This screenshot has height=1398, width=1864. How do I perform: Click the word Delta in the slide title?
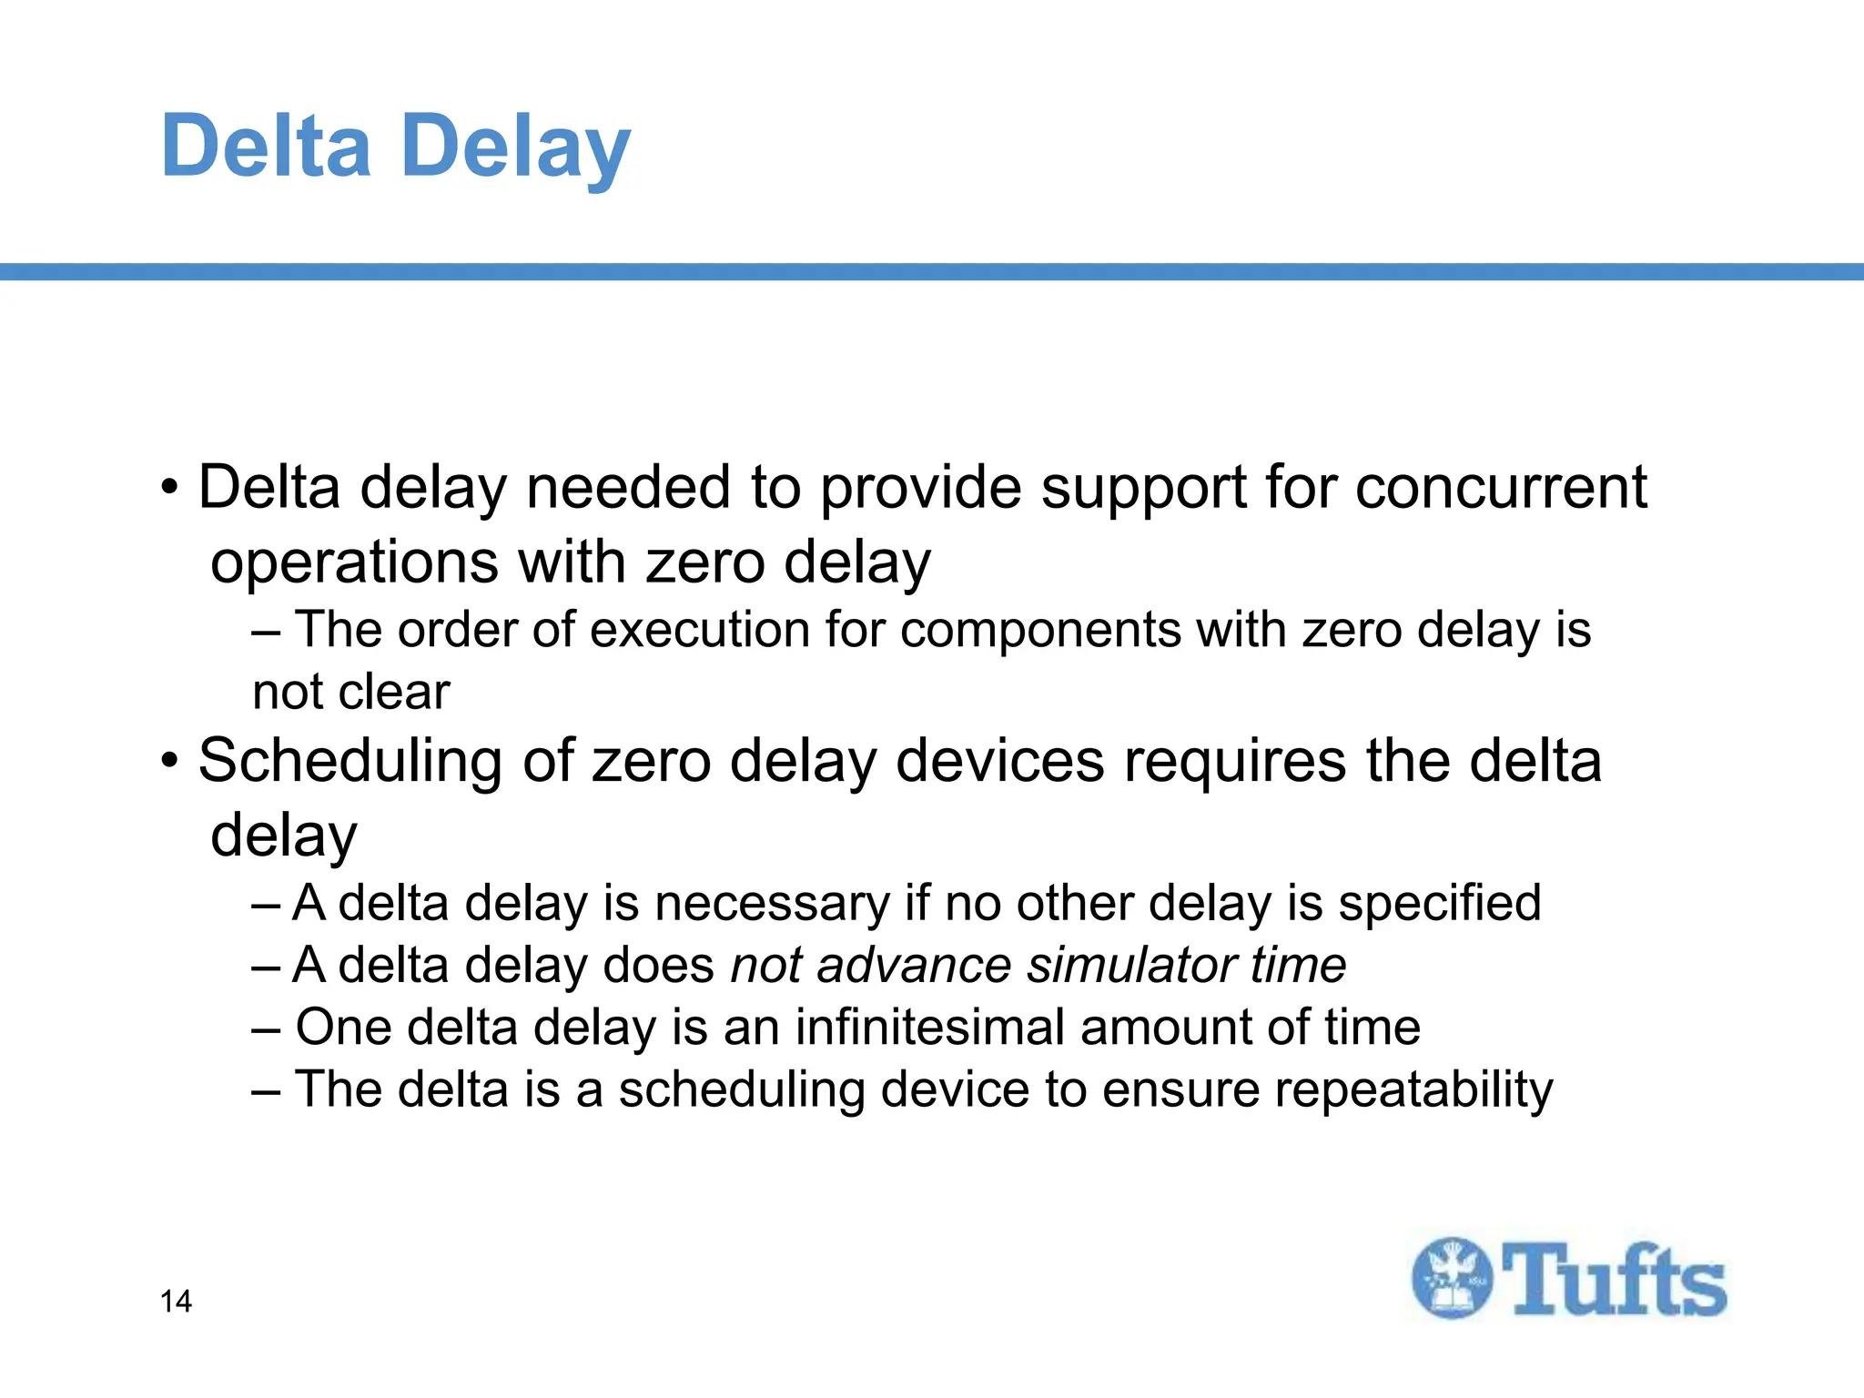(266, 146)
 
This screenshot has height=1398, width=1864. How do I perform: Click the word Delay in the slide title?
(515, 146)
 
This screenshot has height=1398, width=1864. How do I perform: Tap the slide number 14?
(176, 1302)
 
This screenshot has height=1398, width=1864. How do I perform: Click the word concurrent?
(1501, 488)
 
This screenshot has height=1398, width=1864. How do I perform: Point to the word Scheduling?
(349, 761)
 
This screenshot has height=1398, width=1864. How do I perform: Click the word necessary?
(771, 904)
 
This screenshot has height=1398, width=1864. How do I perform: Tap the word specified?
(1439, 904)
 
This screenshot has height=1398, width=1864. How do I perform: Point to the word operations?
(354, 563)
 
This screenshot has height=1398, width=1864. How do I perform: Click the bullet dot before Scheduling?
(170, 761)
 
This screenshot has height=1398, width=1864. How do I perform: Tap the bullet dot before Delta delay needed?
(170, 488)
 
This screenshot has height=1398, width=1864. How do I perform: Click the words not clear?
(351, 692)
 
